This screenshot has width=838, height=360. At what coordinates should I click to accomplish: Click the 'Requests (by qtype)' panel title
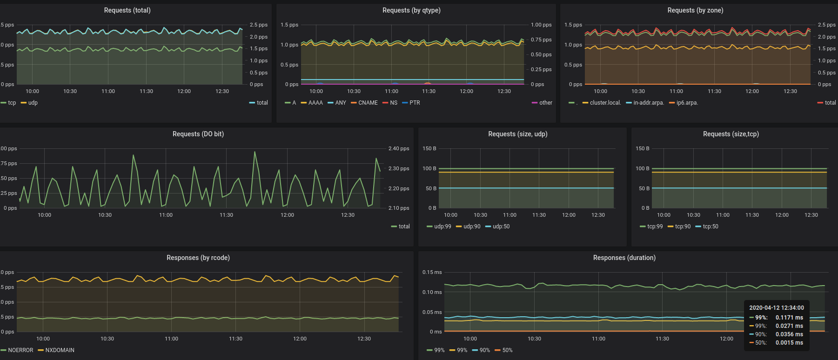coord(411,10)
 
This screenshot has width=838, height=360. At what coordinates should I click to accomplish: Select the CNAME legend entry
coord(368,103)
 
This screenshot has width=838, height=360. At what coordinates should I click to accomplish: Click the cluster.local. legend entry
coord(605,103)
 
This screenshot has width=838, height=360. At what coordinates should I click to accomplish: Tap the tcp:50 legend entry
coord(710,227)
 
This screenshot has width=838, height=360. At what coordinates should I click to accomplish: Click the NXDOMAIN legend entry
coord(60,350)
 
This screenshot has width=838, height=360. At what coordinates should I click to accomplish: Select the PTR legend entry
coord(414,103)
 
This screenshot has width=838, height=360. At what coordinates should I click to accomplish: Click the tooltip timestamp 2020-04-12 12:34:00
coord(776,308)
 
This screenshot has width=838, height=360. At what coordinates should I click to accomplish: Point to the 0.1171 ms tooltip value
coord(789,318)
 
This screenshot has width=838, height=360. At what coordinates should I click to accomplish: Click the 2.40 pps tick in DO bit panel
coord(399,149)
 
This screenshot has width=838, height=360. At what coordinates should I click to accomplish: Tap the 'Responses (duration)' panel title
coord(624,258)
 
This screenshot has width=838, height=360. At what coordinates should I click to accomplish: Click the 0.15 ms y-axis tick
coord(432,273)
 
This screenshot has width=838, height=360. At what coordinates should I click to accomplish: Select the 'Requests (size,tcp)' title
coord(731,134)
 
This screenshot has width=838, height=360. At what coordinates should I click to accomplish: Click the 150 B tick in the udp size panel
coord(429,149)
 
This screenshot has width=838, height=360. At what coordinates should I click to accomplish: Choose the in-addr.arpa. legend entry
coord(648,103)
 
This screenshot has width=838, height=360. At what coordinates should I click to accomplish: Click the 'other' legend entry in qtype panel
coord(545,103)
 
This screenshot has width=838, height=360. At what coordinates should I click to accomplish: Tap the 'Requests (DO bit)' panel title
coord(198,134)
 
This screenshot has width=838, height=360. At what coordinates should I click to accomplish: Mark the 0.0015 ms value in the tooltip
coord(789,343)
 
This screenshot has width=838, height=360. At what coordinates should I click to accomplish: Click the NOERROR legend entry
coord(20,350)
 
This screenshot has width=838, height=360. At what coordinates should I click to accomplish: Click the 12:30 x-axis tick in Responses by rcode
coord(364,339)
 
